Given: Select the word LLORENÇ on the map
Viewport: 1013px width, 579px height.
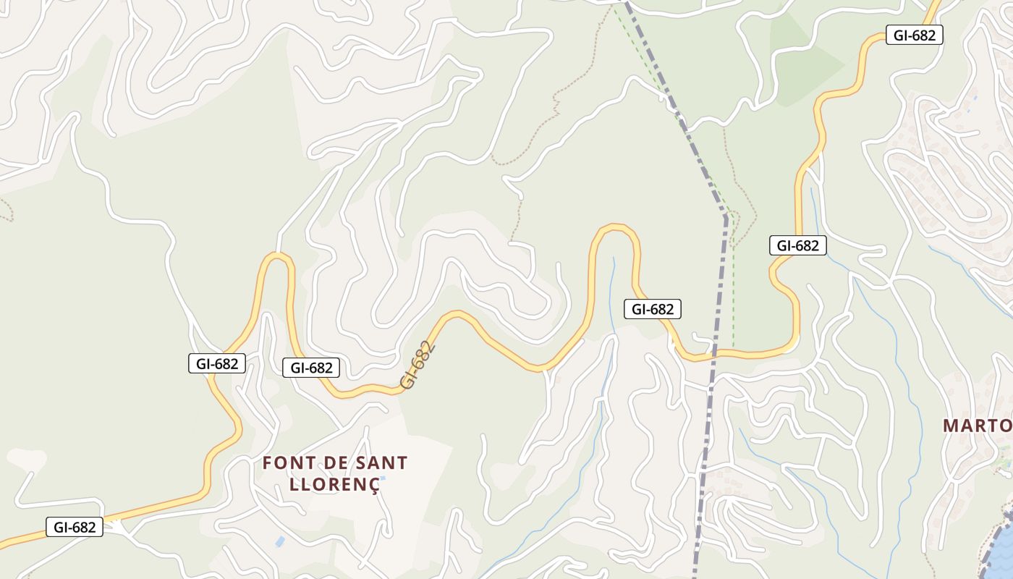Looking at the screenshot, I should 334,483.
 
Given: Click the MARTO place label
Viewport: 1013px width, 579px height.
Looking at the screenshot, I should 977,426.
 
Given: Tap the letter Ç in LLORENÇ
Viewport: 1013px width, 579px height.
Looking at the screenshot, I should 373,483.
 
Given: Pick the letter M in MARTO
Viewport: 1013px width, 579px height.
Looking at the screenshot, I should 951,426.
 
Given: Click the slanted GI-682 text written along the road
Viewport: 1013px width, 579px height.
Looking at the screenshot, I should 419,365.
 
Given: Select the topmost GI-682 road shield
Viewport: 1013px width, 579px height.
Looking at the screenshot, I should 915,35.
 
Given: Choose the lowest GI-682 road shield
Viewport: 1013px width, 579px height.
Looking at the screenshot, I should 75,527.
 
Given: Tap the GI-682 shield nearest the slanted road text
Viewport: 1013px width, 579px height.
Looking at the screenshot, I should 311,368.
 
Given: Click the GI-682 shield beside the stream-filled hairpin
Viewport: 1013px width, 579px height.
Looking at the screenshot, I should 653,309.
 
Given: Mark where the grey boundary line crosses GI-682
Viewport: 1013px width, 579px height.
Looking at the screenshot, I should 714,355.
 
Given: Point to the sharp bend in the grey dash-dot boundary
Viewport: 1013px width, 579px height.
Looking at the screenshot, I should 726,216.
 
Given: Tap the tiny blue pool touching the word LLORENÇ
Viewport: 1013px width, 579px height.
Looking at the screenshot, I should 382,478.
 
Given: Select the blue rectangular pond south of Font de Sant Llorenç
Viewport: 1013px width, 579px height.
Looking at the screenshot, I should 280,541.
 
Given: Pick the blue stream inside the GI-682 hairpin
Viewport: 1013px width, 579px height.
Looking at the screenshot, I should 613,289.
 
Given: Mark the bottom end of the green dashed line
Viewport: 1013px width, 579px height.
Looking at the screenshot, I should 733,345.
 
